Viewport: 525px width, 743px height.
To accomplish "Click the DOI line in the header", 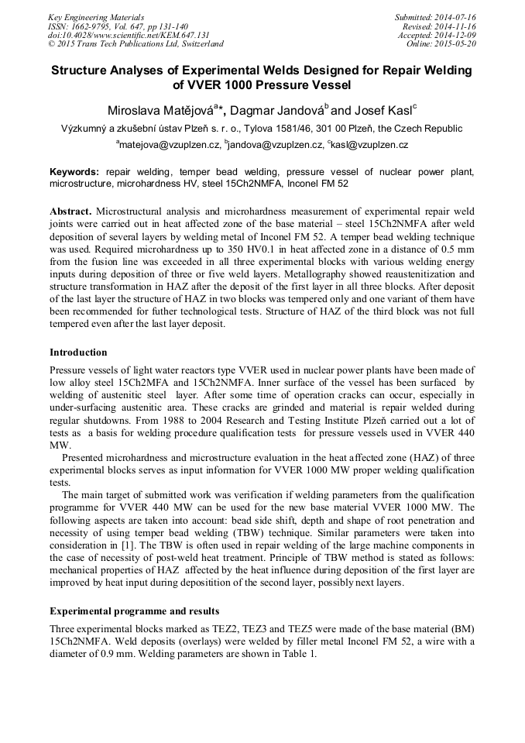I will click(x=129, y=35).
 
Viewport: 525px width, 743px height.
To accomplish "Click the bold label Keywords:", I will click(x=74, y=171).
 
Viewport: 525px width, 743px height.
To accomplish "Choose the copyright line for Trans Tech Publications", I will click(x=136, y=44).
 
